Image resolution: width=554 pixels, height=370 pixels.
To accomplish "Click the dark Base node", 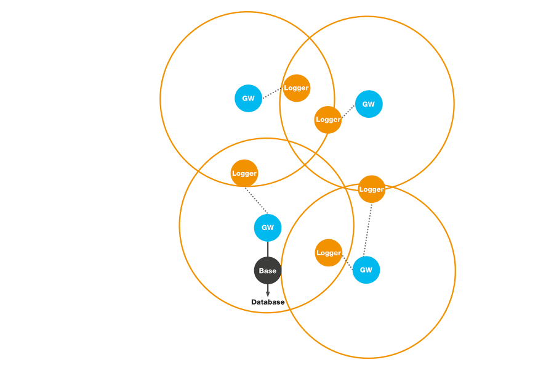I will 268,271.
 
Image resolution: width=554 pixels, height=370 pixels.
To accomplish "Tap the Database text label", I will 268,302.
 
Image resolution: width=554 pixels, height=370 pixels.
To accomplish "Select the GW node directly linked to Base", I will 268,228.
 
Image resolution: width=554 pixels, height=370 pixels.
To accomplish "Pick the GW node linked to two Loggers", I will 366,269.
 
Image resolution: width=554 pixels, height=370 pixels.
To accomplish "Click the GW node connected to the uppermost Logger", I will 249,99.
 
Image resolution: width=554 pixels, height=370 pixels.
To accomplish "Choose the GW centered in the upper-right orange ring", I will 369,104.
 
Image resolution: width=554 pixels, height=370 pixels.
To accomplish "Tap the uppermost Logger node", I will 297,88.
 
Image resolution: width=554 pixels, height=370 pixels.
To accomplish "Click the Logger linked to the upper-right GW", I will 327,120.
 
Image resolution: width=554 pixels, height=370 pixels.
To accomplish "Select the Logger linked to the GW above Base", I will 244,173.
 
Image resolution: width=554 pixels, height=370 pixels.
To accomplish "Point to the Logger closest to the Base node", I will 329,253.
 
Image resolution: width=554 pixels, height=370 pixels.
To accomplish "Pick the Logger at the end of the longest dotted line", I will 371,189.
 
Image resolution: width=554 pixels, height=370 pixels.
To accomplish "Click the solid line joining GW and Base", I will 268,249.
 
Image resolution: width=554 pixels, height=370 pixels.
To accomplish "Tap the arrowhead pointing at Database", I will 268,292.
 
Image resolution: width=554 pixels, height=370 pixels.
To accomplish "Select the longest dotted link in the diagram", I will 368,229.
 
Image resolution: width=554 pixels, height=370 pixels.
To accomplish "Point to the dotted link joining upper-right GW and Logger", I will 348,112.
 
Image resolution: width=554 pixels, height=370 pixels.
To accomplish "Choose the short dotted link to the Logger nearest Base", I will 347,262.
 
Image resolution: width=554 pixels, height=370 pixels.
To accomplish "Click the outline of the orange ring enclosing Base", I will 179,225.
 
